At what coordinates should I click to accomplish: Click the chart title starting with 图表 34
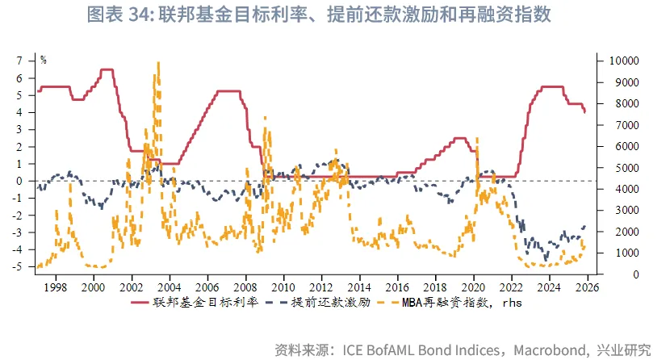tap(335, 15)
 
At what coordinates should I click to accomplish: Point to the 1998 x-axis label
tap(54, 287)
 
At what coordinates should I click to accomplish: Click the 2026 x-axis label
tap(585, 287)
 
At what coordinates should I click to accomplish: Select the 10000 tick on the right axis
tap(613, 61)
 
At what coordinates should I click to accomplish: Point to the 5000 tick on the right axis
tap(610, 168)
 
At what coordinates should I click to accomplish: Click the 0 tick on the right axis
tap(602, 274)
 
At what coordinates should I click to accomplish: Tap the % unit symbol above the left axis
tap(44, 60)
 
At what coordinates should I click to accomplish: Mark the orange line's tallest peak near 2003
tap(158, 63)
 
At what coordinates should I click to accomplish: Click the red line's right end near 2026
tap(584, 112)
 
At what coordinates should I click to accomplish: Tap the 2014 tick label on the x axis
tap(359, 287)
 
